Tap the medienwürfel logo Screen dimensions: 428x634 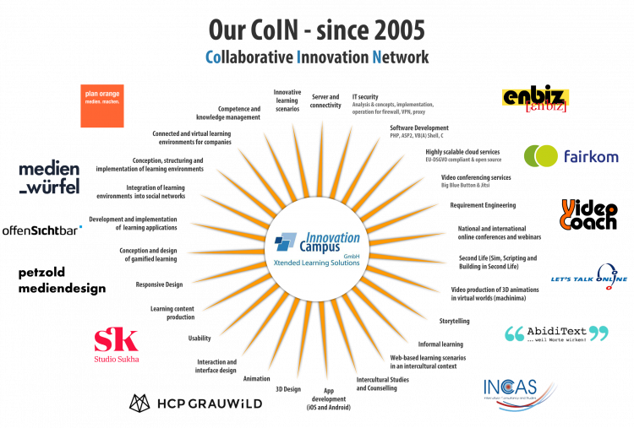(x=50, y=177)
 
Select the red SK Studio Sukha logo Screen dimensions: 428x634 (x=117, y=344)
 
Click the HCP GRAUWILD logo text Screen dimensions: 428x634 (x=210, y=404)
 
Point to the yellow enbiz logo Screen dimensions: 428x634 (x=534, y=100)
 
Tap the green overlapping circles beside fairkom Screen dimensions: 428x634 (x=541, y=156)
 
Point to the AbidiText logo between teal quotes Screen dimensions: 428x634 (x=555, y=334)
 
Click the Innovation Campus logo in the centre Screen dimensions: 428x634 (x=317, y=242)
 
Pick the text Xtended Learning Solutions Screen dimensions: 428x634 (x=317, y=263)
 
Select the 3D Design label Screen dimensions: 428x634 (x=287, y=389)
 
